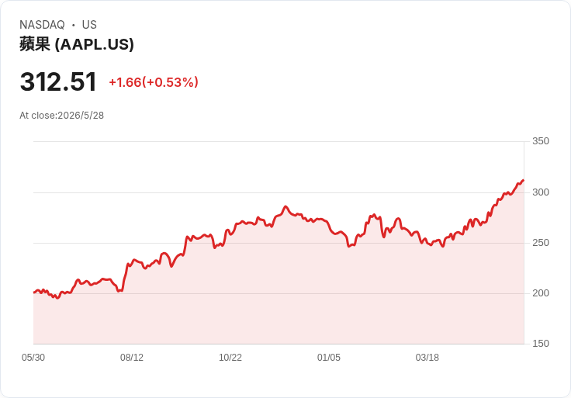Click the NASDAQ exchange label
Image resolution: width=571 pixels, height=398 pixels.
tap(42, 25)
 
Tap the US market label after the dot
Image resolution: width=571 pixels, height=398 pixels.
tap(89, 25)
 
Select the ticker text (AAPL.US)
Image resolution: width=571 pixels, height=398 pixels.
tap(95, 44)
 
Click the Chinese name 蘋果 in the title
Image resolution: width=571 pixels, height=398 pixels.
tap(35, 44)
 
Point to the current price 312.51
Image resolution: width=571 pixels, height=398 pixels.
tap(58, 81)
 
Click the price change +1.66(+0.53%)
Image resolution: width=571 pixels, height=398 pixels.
tap(154, 82)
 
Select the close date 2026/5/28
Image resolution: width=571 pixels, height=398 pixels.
tap(81, 116)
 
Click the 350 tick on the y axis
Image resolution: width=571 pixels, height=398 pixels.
tap(541, 141)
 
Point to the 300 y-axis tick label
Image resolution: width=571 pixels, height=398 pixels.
tap(541, 192)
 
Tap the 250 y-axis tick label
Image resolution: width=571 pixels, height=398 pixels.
tap(541, 243)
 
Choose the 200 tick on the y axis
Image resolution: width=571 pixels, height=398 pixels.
tap(541, 293)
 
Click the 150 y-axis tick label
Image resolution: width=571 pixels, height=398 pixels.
tap(541, 344)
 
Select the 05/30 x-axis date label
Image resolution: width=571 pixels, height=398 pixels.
tap(33, 358)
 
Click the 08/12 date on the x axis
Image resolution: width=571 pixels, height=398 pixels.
tap(132, 358)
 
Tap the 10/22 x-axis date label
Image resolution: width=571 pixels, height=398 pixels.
tap(230, 358)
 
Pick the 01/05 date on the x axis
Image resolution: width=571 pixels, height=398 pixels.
tap(329, 358)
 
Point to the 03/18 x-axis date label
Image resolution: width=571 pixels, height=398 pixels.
tap(427, 358)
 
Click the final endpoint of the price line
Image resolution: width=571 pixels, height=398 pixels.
tap(524, 180)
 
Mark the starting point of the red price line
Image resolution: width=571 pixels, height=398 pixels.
tap(34, 292)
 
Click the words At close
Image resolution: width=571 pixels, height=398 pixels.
tap(37, 116)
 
